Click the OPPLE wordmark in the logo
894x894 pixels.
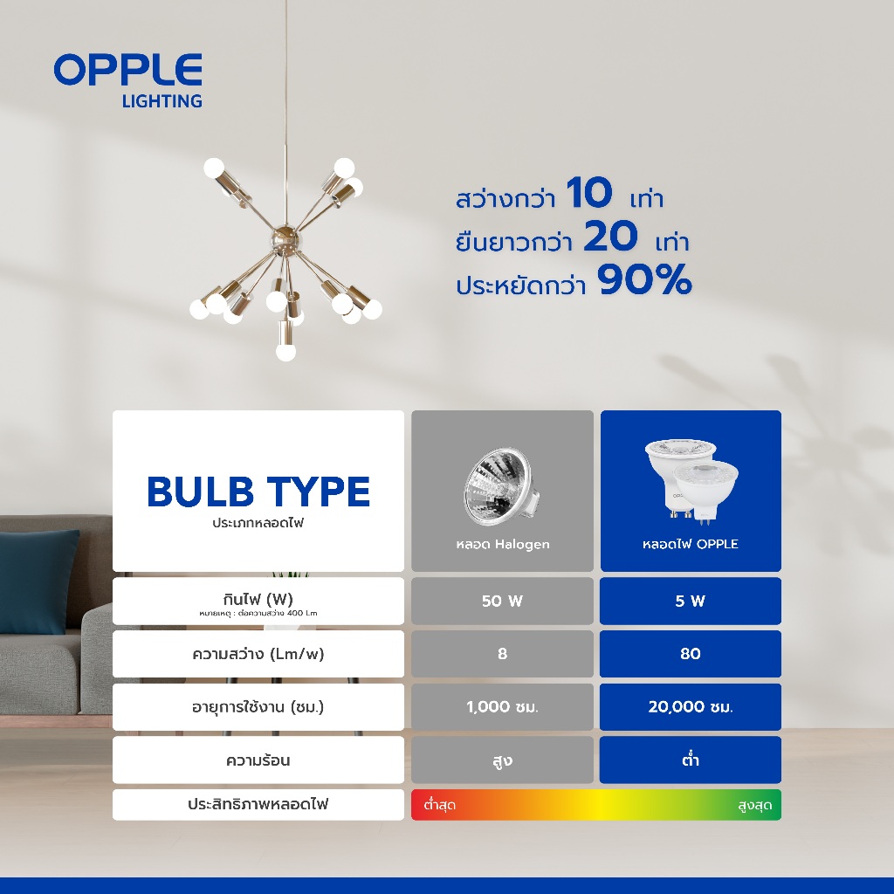(127, 70)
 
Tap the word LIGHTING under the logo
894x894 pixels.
(162, 101)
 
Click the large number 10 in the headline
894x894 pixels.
(589, 194)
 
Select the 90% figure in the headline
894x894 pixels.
(644, 281)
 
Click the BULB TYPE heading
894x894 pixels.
(258, 492)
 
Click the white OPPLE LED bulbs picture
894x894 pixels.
(690, 481)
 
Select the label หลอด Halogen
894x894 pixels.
(503, 544)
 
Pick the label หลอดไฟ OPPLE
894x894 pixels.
(690, 544)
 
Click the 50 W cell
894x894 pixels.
(503, 601)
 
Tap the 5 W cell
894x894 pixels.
(690, 601)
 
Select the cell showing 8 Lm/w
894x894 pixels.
(503, 654)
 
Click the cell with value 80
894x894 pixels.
(690, 654)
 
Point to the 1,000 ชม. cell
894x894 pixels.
(503, 707)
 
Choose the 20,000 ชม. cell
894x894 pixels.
(690, 707)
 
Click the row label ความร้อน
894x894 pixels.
(258, 760)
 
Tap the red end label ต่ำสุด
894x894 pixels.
(439, 805)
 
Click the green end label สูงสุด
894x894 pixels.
(754, 805)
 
